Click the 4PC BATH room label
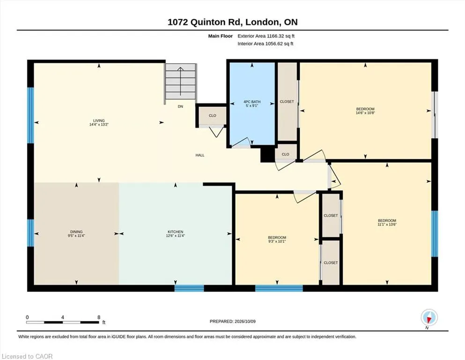pos(252,102)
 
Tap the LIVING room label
pos(99,121)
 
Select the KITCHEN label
pos(175,232)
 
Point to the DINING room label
pos(76,232)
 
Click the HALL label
pos(200,155)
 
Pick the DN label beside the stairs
pos(180,106)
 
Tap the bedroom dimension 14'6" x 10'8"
pos(365,113)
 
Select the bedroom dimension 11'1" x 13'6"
pos(387,225)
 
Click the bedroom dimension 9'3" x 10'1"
pos(277,241)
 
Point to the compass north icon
pos(429,317)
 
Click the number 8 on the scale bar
pos(99,317)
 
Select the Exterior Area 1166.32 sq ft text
pos(266,36)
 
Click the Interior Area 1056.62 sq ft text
pos(266,44)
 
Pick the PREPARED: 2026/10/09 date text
pos(232,322)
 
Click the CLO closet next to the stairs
pos(212,115)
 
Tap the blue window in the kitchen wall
pos(189,288)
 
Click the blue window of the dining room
pos(30,232)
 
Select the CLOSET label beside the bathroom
pos(287,102)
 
